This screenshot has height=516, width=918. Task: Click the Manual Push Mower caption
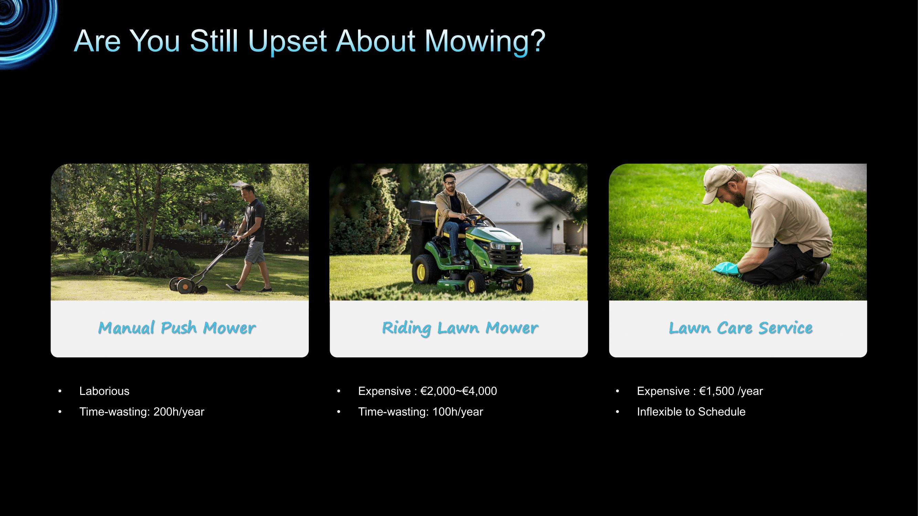click(177, 328)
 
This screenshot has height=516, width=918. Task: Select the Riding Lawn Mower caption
click(460, 328)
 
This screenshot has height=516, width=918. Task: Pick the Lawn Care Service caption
click(740, 327)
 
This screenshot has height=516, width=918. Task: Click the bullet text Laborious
click(104, 391)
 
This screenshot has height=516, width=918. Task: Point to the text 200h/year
click(179, 412)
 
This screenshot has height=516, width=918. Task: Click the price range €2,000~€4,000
click(458, 391)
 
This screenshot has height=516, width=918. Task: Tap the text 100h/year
click(457, 412)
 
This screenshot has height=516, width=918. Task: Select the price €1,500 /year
click(731, 391)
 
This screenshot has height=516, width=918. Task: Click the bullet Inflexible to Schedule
click(691, 412)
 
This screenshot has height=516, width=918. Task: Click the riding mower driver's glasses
click(450, 183)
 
